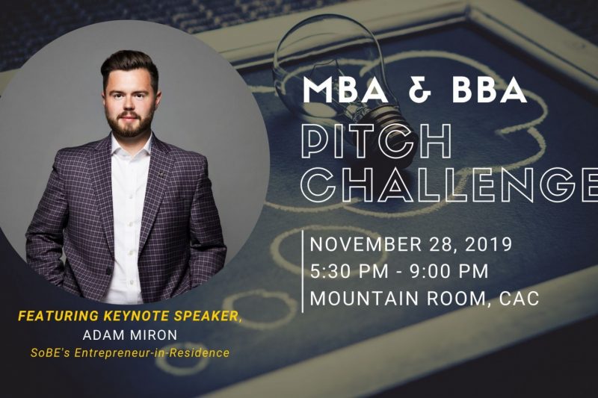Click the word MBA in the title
click(346, 90)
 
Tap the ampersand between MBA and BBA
click(420, 90)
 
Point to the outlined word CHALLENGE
click(449, 184)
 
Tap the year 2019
click(489, 245)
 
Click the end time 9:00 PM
click(449, 272)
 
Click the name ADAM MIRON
click(130, 335)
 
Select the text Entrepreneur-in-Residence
click(152, 353)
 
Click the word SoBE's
click(50, 353)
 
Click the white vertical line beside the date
click(303, 272)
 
